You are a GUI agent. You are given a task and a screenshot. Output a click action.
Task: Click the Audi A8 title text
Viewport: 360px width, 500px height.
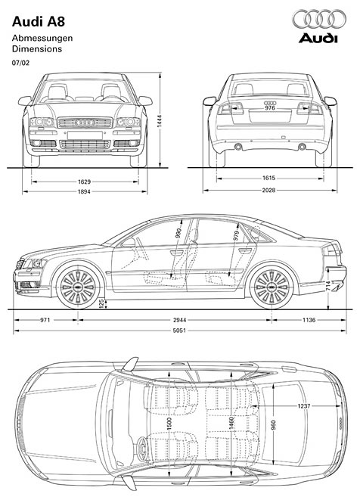click(x=39, y=22)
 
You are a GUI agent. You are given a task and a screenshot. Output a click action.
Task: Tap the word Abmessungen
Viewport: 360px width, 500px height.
click(x=42, y=39)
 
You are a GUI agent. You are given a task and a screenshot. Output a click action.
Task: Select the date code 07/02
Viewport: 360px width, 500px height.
click(x=20, y=63)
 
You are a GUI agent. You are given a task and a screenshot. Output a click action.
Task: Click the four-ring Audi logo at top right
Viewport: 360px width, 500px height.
click(x=319, y=19)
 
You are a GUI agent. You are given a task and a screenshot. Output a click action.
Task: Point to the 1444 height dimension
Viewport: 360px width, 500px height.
click(x=160, y=121)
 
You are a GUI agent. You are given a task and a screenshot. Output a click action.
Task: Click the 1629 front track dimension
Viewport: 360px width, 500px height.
click(x=84, y=182)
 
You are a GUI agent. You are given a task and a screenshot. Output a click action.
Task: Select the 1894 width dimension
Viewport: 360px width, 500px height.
click(x=84, y=191)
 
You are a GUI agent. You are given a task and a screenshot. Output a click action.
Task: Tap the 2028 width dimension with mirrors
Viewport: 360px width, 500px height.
click(x=268, y=191)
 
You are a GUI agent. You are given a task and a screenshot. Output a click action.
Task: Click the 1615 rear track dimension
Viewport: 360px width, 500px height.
click(x=268, y=179)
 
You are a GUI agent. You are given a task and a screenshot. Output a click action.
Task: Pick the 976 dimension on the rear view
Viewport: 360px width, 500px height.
click(x=270, y=108)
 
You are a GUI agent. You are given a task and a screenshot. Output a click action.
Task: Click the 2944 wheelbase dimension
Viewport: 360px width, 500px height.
click(x=179, y=320)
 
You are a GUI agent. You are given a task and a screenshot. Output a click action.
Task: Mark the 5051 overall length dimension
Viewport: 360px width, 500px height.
click(x=179, y=331)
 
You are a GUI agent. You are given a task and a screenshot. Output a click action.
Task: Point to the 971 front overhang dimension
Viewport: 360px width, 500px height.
click(x=45, y=320)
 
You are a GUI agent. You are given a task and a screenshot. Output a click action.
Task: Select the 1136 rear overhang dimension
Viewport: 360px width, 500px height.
click(x=309, y=320)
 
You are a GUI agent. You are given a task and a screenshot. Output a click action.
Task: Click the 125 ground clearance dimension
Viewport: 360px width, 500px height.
click(x=101, y=303)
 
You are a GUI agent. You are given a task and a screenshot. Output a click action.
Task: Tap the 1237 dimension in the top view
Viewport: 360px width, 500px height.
click(x=303, y=406)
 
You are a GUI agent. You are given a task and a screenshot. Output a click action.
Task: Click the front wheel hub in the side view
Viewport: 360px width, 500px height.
click(x=78, y=286)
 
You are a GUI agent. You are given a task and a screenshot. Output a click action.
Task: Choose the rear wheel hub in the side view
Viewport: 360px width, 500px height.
click(x=272, y=286)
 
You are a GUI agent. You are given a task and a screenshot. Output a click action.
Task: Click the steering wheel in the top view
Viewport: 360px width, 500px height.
click(x=142, y=449)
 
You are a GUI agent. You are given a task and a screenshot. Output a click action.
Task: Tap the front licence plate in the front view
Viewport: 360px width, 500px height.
click(x=85, y=135)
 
